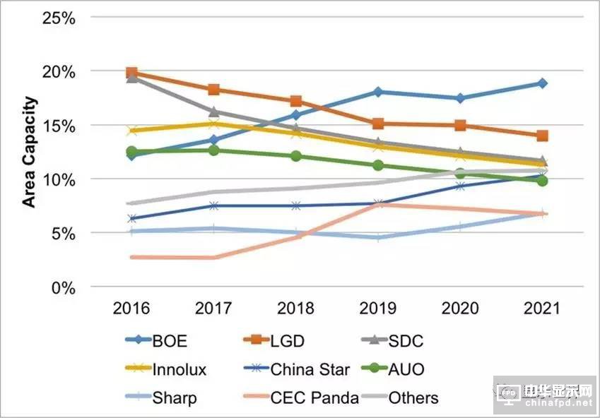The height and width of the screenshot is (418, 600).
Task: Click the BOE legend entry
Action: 164,342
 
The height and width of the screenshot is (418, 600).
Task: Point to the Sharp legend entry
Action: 174,398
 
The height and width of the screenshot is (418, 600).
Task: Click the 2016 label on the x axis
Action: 131,309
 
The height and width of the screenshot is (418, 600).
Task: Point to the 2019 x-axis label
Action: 378,309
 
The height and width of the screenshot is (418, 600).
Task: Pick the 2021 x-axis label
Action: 541,309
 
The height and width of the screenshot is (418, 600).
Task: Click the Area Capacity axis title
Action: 29,152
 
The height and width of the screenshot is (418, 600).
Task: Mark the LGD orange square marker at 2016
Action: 131,73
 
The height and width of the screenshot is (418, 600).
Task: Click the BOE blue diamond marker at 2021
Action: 541,83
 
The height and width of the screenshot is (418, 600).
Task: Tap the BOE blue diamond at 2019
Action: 378,92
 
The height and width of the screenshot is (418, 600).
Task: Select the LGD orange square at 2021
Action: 541,136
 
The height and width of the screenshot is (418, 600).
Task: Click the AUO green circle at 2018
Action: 296,156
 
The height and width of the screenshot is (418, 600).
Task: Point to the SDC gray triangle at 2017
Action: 214,112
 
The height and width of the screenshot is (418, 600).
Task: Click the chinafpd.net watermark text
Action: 558,404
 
